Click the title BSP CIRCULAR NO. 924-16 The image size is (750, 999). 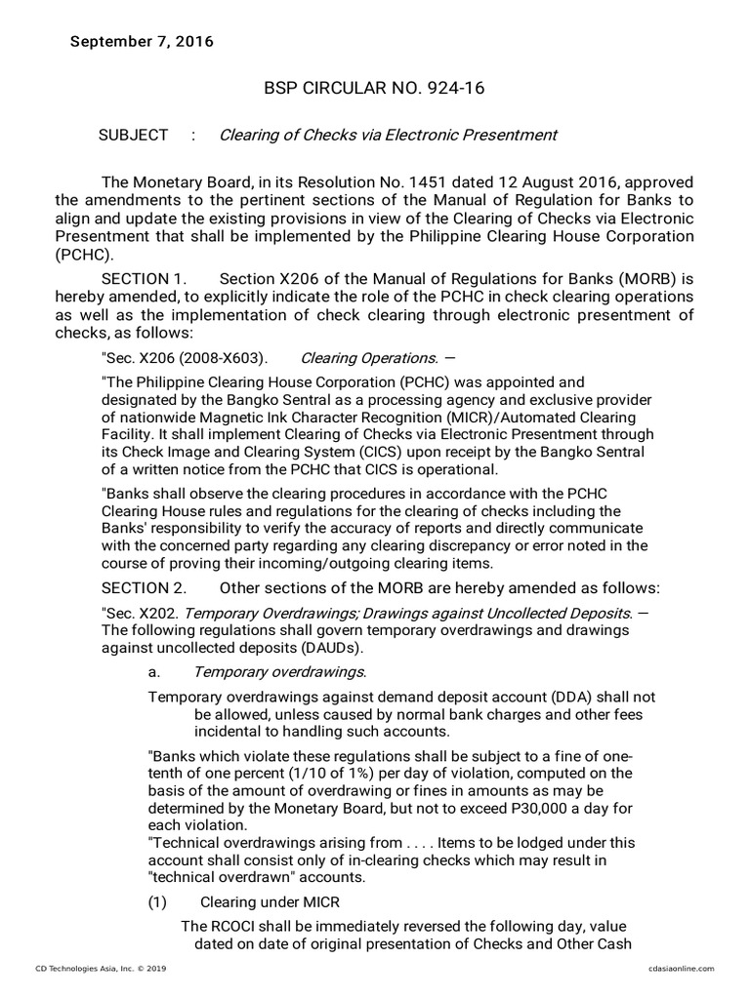click(375, 89)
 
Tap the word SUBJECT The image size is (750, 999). click(133, 136)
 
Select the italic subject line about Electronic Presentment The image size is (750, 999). click(388, 136)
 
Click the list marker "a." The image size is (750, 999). click(153, 672)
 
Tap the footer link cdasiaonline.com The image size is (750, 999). click(681, 968)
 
